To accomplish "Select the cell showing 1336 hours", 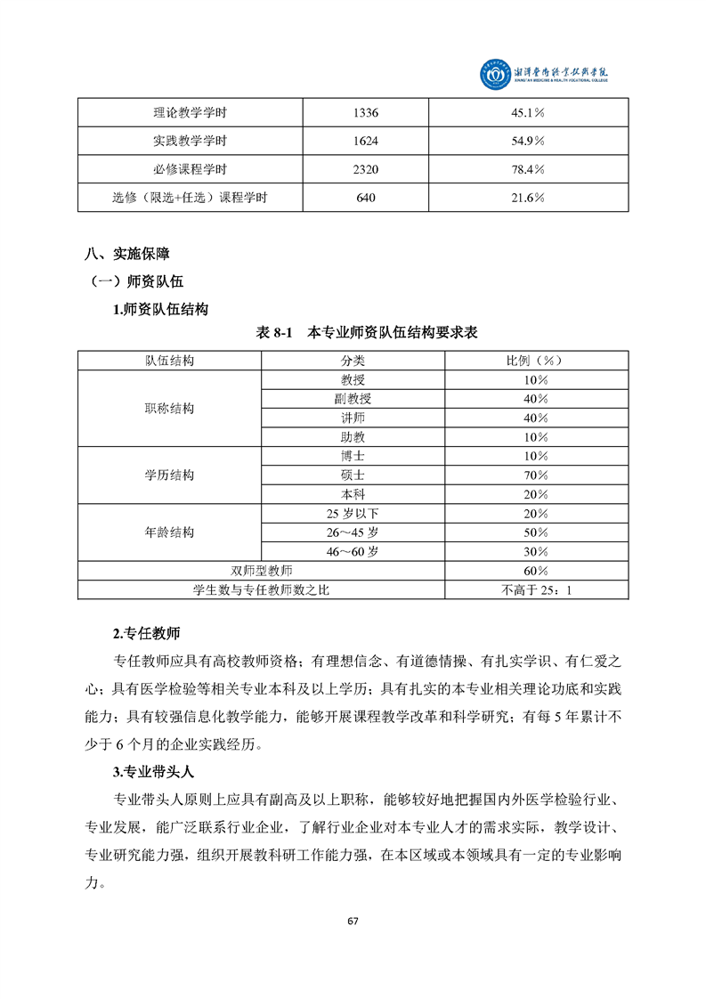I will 366,113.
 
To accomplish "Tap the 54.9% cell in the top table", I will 528,141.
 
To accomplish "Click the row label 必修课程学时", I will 190,169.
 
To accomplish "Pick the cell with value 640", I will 366,198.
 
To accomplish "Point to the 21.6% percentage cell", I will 528,198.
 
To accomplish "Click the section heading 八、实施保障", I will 127,254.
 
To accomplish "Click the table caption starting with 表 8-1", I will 367,332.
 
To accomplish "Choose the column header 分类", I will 353,360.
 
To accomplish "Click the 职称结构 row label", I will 169,409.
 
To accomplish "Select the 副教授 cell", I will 353,398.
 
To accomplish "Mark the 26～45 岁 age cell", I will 353,532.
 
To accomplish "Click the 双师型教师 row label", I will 262,570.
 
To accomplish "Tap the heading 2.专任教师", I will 146,634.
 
